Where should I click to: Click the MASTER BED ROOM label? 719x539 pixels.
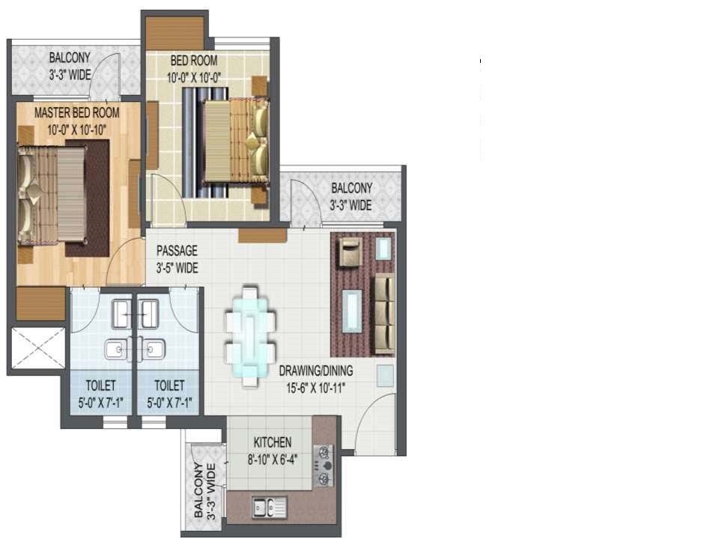76,113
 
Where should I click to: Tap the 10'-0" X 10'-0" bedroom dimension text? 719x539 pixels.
193,78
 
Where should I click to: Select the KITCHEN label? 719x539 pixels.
273,442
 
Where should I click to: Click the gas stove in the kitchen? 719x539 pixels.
324,466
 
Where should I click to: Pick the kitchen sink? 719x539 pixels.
270,508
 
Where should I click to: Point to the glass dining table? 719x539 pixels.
250,337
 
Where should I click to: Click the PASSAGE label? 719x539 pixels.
177,251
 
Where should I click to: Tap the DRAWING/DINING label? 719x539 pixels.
316,371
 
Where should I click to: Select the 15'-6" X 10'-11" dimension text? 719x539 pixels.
316,389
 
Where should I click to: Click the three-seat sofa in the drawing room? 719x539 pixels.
383,314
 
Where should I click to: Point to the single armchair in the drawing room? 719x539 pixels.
351,252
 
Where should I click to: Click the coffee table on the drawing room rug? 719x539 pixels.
352,311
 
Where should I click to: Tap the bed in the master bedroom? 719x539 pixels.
52,193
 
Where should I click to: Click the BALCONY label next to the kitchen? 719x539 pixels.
204,490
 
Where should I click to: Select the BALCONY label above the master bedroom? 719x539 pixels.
70,66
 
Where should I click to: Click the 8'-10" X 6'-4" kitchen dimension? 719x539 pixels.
273,459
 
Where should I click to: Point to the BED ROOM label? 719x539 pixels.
194,61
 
